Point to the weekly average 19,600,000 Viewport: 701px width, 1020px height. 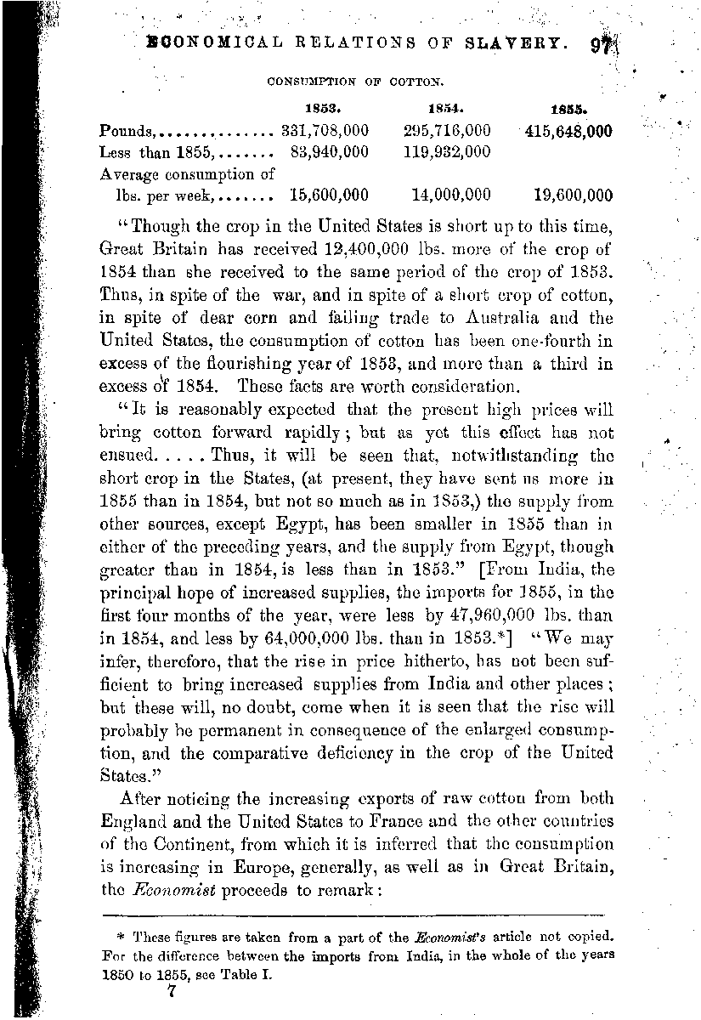(x=574, y=195)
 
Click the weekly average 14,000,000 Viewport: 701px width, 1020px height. (x=451, y=195)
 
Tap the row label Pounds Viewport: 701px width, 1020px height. (x=126, y=132)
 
